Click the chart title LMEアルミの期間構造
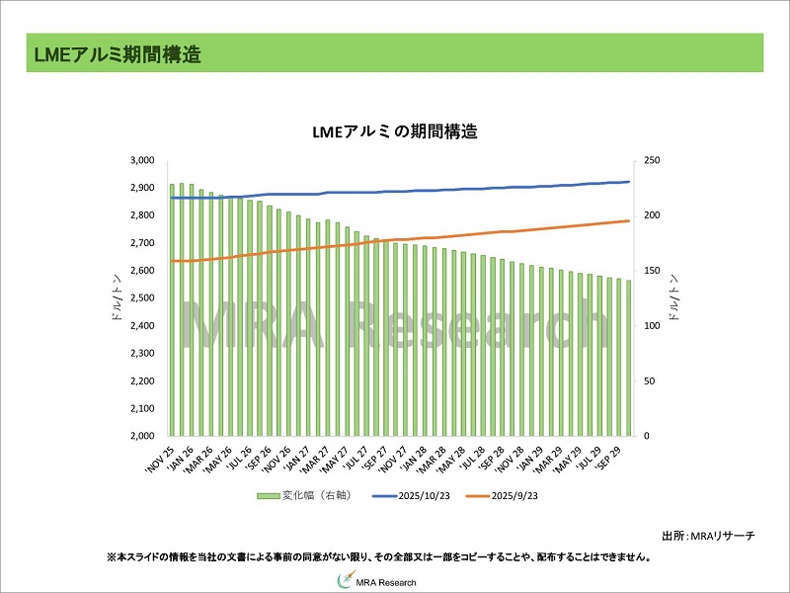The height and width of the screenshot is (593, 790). point(394,130)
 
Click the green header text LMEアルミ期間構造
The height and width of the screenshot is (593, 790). point(117,55)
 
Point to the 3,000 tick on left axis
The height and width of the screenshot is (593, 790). point(143,160)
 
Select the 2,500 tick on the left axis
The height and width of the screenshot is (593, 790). point(143,297)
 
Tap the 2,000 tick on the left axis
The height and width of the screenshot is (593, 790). point(143,436)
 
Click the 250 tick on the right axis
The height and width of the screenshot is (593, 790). point(651,160)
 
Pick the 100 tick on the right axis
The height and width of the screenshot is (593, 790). point(651,325)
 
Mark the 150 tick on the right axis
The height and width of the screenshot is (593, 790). point(651,270)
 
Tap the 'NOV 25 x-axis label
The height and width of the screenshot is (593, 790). point(161,456)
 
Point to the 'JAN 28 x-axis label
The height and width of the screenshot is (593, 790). point(411,456)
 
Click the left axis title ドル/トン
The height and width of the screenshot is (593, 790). point(118,297)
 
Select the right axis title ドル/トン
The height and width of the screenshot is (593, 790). point(674,297)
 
